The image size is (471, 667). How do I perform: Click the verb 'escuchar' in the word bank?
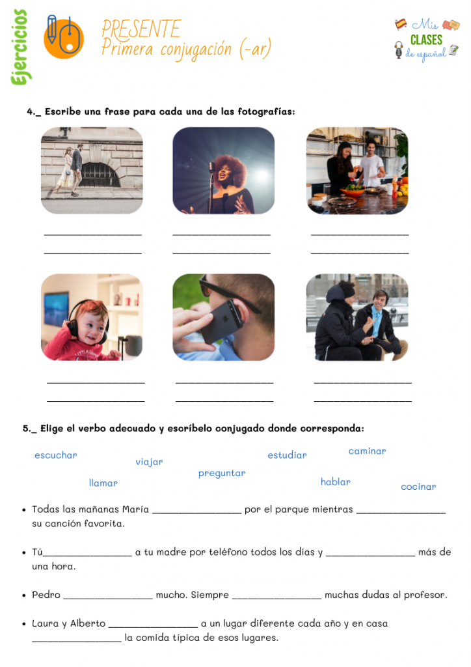(55, 455)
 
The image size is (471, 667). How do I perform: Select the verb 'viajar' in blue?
(149, 462)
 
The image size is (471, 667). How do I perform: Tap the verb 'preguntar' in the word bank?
(222, 474)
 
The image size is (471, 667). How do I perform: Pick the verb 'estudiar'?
(287, 455)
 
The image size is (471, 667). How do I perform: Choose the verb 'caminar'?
(367, 451)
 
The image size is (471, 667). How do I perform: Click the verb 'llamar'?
(103, 483)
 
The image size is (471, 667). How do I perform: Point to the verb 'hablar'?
(335, 482)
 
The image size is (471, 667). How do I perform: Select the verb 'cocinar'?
(418, 487)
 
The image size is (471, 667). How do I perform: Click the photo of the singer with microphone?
(223, 171)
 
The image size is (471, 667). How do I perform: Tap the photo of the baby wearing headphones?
(92, 317)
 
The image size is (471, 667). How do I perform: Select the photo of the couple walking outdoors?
(92, 171)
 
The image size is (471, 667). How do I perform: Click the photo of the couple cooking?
(357, 171)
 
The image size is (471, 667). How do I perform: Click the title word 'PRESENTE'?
(141, 29)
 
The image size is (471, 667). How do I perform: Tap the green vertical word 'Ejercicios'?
(19, 47)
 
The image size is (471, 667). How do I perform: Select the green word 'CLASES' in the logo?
(426, 40)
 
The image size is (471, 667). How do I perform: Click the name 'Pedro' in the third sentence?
(46, 595)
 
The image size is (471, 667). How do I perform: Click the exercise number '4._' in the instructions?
(34, 112)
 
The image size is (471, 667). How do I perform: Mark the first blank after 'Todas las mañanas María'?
(196, 510)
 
